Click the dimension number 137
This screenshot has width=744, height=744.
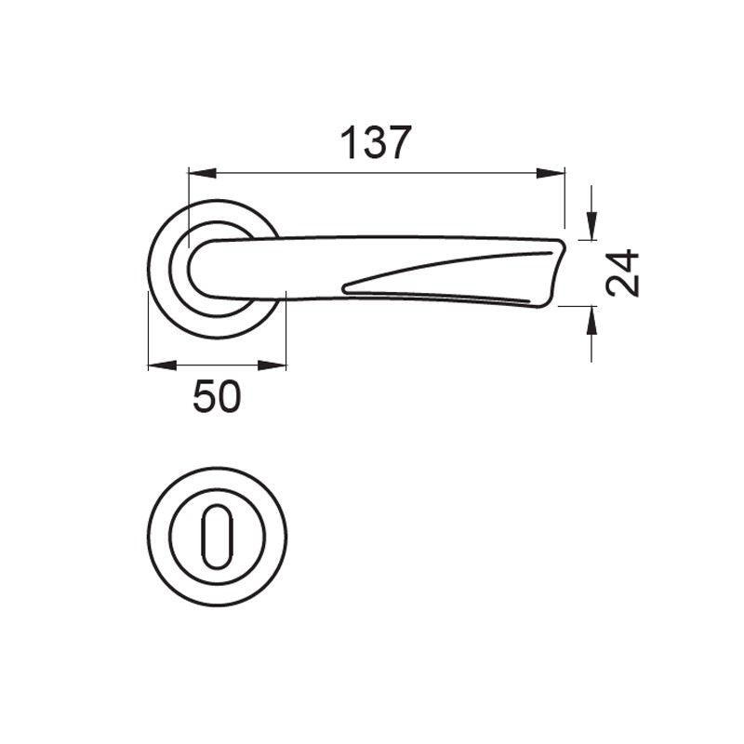tap(375, 143)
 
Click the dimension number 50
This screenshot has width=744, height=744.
tap(217, 397)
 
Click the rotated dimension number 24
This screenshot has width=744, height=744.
tap(623, 272)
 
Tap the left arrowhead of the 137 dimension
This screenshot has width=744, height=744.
tap(203, 174)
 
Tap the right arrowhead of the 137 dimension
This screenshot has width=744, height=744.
tap(551, 174)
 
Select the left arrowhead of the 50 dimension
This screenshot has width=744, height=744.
tap(162, 365)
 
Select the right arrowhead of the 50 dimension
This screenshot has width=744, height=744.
tap(272, 365)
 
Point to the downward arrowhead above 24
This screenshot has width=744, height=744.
tap(591, 226)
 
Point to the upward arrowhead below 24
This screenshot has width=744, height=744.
tap(591, 321)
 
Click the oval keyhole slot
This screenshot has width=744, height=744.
tap(217, 537)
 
